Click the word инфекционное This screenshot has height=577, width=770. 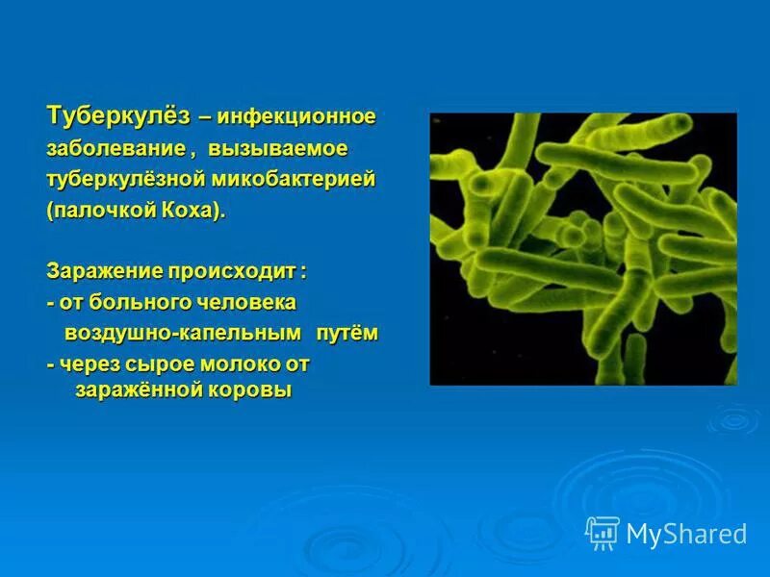tap(296, 117)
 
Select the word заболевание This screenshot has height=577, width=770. tap(116, 149)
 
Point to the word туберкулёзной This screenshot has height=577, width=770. tap(129, 180)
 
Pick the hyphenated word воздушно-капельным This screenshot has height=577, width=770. tap(183, 334)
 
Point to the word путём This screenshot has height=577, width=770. tap(348, 334)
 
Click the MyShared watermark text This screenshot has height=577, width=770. tap(686, 534)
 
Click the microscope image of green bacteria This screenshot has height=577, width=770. tap(582, 248)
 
